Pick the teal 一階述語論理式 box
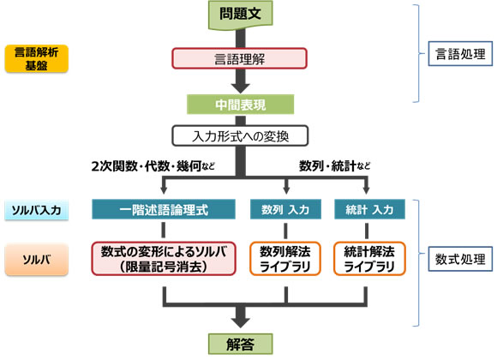coord(163,208)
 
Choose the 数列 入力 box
coord(285,208)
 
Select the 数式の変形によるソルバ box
coord(163,258)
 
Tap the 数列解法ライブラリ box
coord(285,258)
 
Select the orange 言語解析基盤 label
coord(35,58)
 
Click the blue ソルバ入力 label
coord(35,209)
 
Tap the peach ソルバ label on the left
coord(35,258)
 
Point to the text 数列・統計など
coord(335,165)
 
